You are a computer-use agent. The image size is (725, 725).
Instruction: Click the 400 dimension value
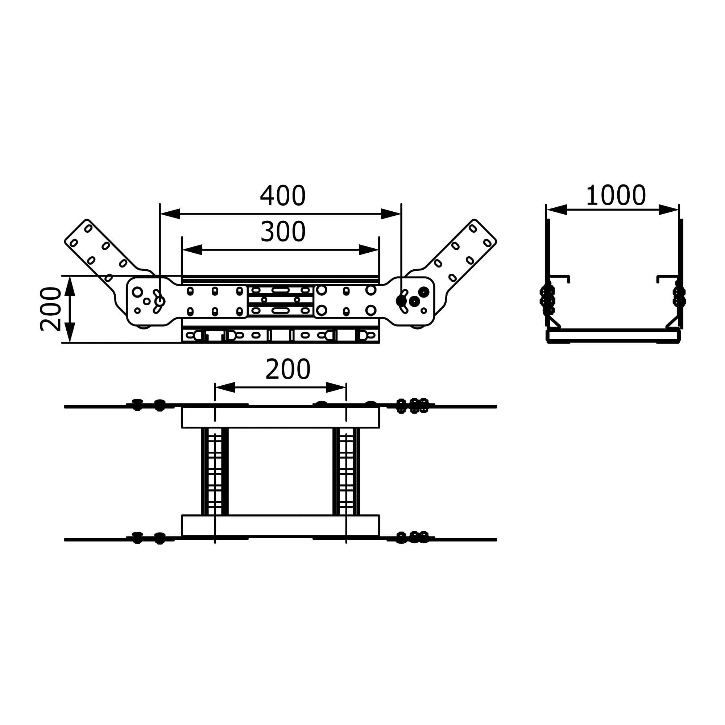click(283, 196)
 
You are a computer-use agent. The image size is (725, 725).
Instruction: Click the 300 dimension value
click(283, 232)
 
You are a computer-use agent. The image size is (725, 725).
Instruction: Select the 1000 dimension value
click(616, 195)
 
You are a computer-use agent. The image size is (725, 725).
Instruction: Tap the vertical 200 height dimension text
click(50, 309)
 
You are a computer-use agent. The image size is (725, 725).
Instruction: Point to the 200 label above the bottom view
click(288, 370)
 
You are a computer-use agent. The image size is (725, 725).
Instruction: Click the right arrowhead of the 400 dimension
click(391, 214)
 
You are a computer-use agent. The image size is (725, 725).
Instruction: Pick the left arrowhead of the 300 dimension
click(192, 249)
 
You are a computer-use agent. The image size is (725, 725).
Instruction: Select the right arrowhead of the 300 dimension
click(369, 249)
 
